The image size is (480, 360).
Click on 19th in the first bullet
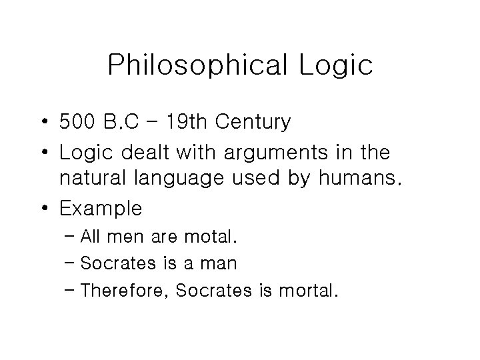click(x=204, y=123)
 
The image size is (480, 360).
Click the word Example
click(x=101, y=209)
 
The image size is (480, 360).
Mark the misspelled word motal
click(x=215, y=236)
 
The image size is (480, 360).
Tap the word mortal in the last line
click(x=310, y=290)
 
